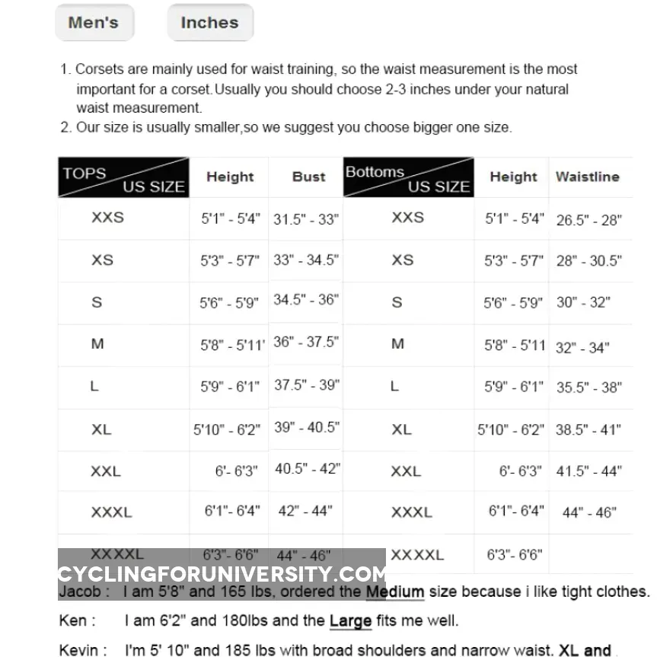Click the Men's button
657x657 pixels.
(94, 23)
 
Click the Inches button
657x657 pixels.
(209, 23)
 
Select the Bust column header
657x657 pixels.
(308, 177)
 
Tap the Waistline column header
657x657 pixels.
(587, 177)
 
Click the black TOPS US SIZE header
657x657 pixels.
(123, 177)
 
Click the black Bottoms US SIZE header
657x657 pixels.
(408, 177)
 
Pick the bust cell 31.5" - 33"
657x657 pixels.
(306, 219)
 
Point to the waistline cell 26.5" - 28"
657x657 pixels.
(588, 221)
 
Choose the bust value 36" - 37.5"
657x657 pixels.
(306, 342)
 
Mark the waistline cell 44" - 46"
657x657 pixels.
(588, 513)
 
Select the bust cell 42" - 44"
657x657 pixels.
(305, 511)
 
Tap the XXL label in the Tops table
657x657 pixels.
(106, 471)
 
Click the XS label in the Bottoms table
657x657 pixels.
(403, 260)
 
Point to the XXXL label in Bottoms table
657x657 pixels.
(411, 512)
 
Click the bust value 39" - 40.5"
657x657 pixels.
(306, 427)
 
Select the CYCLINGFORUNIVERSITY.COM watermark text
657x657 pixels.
(222, 574)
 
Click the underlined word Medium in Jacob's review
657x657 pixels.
(394, 592)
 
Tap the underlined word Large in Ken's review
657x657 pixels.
(349, 621)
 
